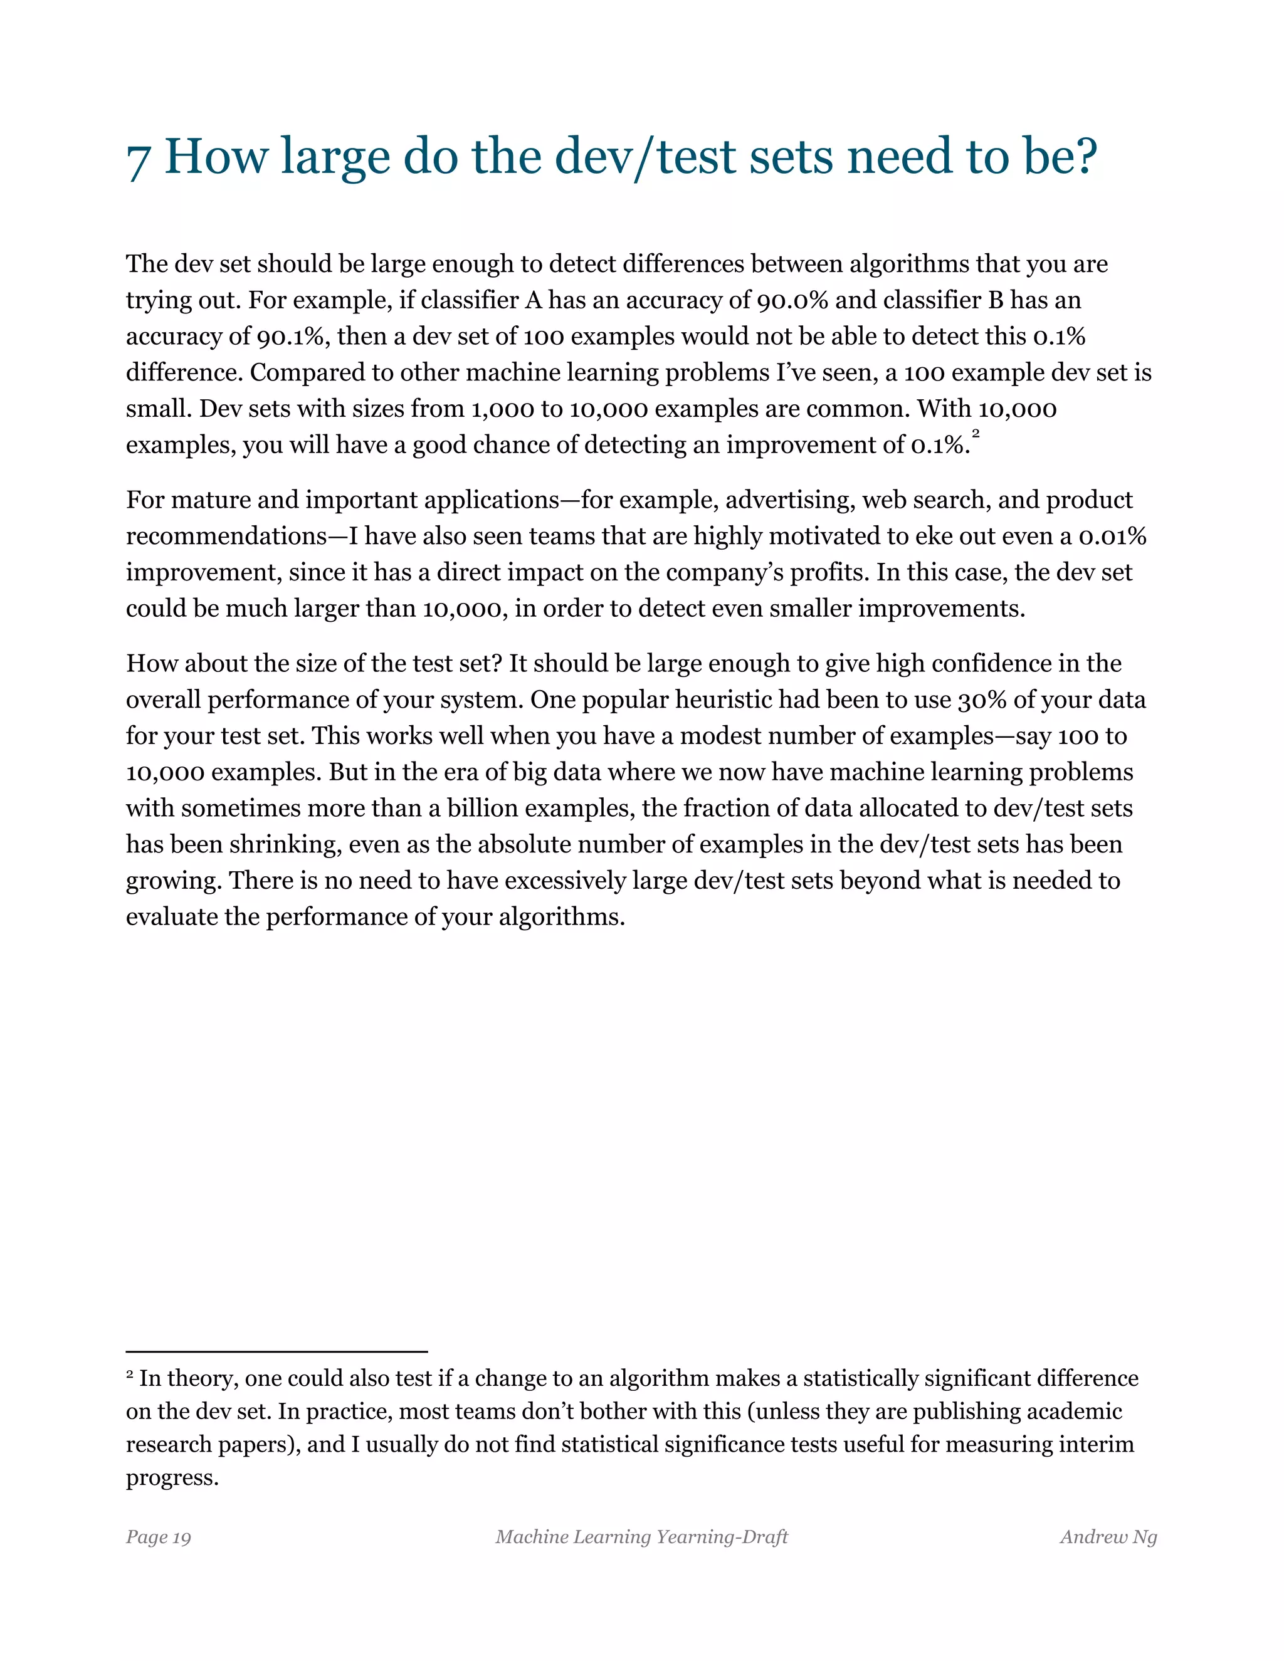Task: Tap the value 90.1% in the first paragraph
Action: click(293, 337)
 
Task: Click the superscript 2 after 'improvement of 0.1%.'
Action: click(976, 434)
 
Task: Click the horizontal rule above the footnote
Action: click(277, 1351)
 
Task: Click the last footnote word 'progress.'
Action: click(172, 1478)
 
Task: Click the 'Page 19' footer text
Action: click(158, 1537)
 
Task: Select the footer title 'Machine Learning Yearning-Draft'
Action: click(641, 1537)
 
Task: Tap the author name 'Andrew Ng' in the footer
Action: click(1108, 1537)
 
